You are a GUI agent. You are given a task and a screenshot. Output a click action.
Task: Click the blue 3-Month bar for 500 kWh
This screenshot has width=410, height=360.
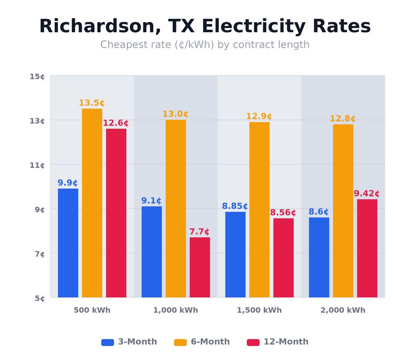[68, 243]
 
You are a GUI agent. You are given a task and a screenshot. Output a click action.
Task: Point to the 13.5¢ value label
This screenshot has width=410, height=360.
[92, 103]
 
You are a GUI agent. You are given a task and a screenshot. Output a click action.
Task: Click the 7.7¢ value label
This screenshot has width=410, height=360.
[200, 232]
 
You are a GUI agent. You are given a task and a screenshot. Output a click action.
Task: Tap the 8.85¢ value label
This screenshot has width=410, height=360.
[235, 206]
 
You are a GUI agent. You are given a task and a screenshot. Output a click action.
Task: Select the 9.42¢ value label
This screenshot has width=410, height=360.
[366, 194]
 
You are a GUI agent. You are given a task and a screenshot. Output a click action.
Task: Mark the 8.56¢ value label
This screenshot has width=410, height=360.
[283, 213]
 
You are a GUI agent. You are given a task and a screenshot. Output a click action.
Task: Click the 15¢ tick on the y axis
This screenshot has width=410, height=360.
[37, 77]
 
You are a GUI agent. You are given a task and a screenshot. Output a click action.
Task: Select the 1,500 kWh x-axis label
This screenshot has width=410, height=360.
[259, 311]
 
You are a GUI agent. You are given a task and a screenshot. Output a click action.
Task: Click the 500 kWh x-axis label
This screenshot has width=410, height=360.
[92, 311]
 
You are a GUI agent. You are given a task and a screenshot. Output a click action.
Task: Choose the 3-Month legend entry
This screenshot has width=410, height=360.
[129, 342]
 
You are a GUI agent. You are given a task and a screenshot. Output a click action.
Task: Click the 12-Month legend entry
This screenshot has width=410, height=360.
[278, 342]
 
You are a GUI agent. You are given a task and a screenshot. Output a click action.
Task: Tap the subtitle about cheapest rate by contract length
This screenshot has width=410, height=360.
[205, 45]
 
